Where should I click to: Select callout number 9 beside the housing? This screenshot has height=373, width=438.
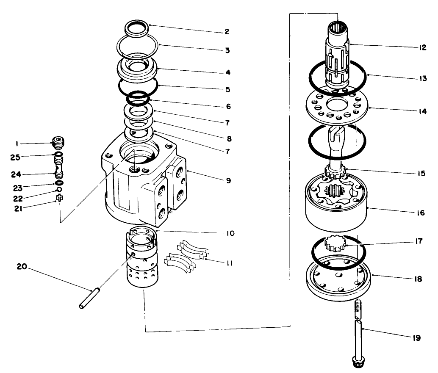[x=228, y=180]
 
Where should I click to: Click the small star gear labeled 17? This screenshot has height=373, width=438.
[x=335, y=244]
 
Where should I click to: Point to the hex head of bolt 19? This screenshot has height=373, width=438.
[x=358, y=363]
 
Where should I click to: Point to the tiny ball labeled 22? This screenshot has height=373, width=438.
[x=59, y=189]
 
